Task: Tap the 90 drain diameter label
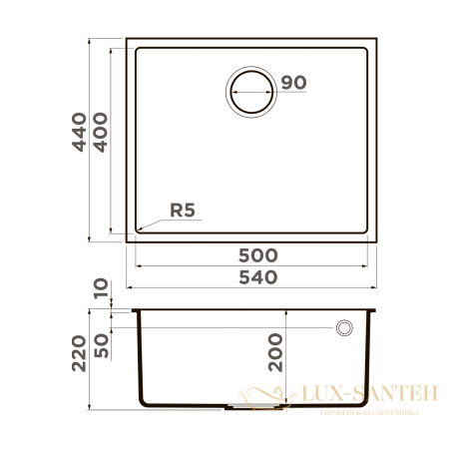point(291,83)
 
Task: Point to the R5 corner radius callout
point(183,211)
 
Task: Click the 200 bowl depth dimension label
point(276,352)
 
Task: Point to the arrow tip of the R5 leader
point(138,230)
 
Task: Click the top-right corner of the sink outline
point(376,41)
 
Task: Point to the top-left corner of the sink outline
point(127,41)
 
